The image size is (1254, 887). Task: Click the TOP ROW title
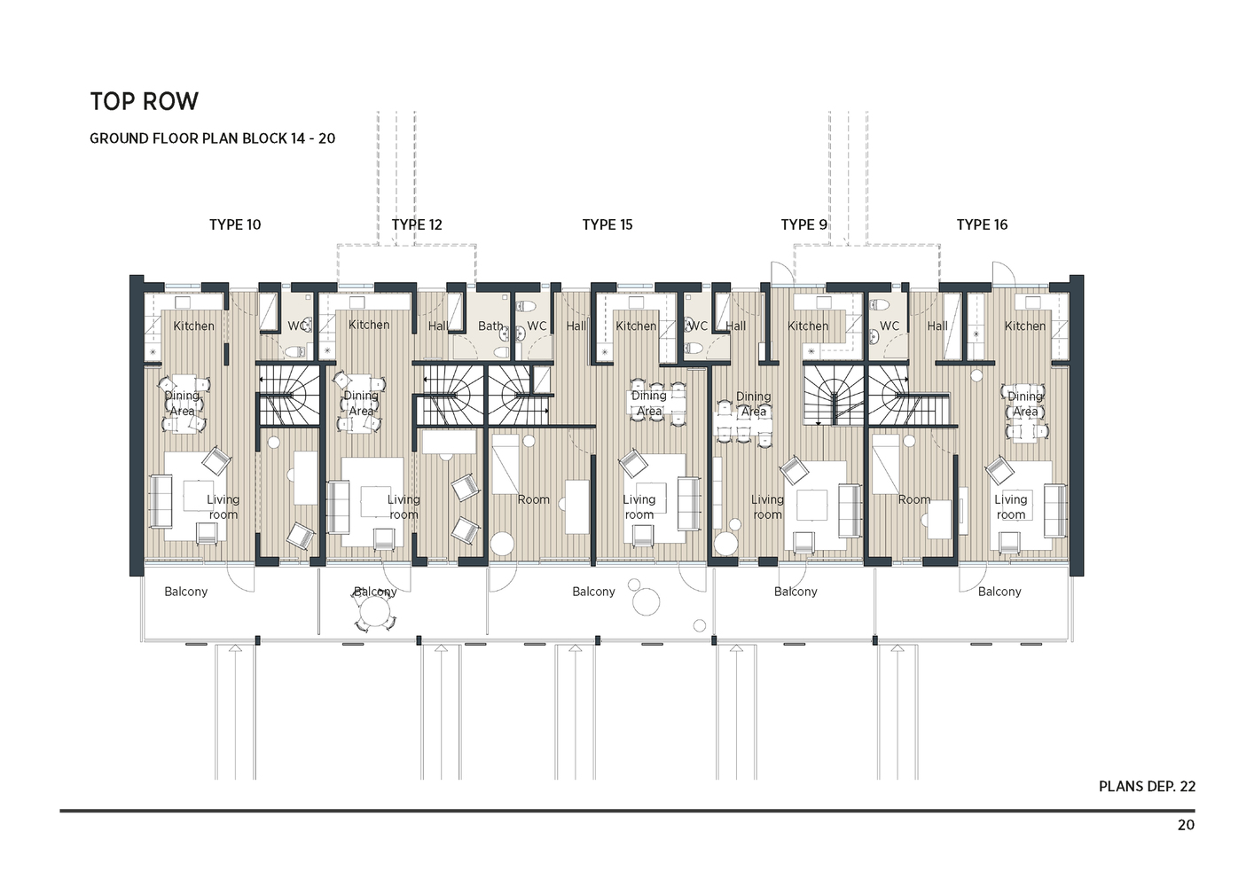coord(144,102)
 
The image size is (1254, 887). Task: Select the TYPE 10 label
coord(235,225)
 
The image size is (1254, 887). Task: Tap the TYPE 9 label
coord(803,225)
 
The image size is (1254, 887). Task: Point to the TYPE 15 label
coord(607,225)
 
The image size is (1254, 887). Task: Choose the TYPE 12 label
coord(417,225)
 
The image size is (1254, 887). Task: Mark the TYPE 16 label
coord(982,225)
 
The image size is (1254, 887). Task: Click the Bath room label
coord(490,326)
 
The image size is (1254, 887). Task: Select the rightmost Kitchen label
coord(1024,326)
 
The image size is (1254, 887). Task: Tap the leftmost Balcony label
coord(185,592)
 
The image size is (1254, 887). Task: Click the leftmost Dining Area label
coord(182,404)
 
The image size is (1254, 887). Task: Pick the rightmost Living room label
coord(1010,507)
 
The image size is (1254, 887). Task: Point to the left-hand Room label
coord(533,500)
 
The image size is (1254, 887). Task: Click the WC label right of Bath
coord(537,326)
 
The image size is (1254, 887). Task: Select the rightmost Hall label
coord(937,326)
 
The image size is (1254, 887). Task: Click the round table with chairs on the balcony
coord(375,611)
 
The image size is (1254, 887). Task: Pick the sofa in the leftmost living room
coord(160,502)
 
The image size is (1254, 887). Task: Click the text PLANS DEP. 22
coord(1147,787)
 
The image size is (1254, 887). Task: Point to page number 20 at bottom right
coord(1186,826)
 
